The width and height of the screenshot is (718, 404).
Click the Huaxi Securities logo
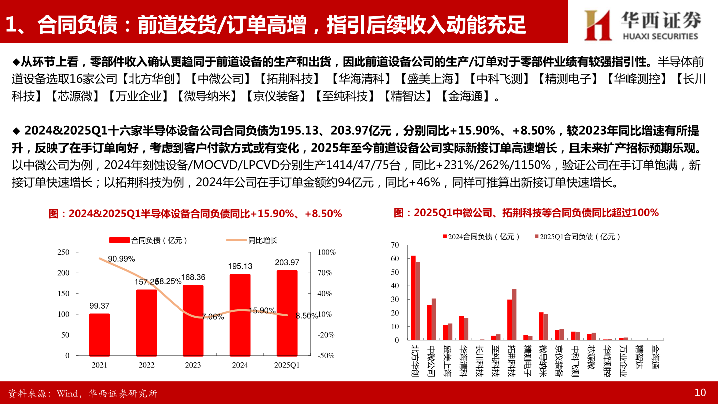click(x=643, y=24)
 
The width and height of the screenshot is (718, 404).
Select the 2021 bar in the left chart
click(x=99, y=334)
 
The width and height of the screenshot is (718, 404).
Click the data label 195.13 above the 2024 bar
click(x=240, y=266)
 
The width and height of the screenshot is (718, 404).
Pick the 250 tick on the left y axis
click(x=64, y=252)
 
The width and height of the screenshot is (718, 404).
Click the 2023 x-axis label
click(x=193, y=365)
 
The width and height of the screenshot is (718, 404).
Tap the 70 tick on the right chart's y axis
click(x=395, y=245)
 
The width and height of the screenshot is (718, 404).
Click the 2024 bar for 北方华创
click(x=413, y=298)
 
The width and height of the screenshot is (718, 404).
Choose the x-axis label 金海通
click(x=655, y=357)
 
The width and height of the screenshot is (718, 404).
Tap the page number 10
click(x=700, y=393)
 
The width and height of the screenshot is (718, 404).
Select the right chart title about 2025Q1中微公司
click(x=526, y=213)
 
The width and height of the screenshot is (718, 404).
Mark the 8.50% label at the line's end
click(x=307, y=316)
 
